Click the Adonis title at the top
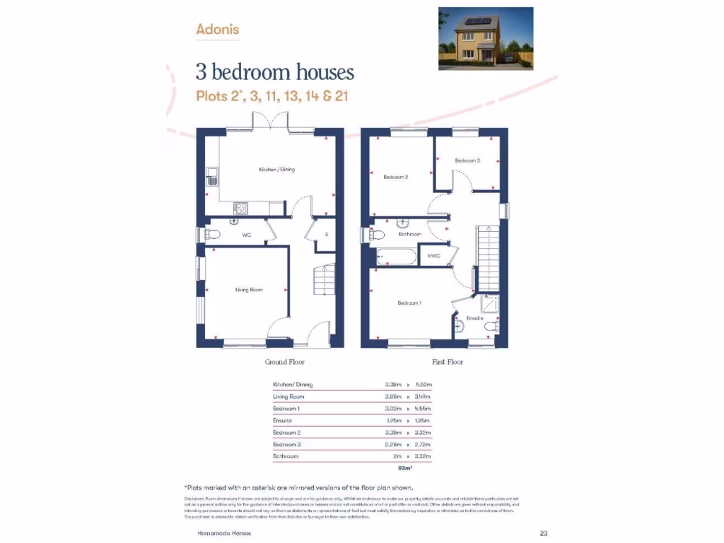(218, 30)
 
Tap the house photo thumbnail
(485, 38)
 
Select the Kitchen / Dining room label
(276, 170)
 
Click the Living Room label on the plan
(249, 289)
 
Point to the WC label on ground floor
(247, 234)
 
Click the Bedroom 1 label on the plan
(409, 303)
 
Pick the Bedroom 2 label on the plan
(396, 177)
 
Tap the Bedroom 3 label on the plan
(467, 160)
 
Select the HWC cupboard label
(434, 256)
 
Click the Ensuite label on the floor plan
(474, 318)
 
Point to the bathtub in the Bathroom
(398, 256)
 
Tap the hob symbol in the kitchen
(240, 208)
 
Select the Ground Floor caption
(285, 362)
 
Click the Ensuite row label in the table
(283, 421)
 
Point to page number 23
(543, 534)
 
